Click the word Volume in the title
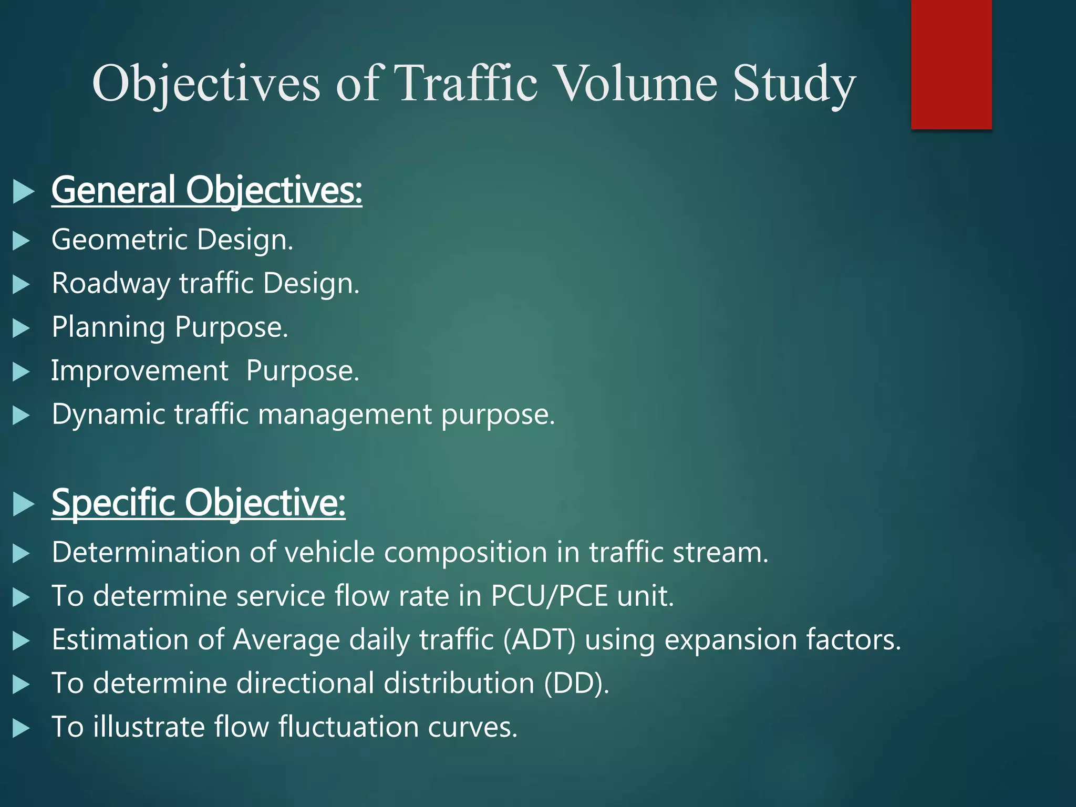[x=636, y=83]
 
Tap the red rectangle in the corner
[x=951, y=64]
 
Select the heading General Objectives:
[x=206, y=190]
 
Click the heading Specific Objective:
[x=198, y=503]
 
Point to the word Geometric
[x=120, y=240]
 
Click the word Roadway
[x=111, y=284]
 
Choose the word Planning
[x=108, y=327]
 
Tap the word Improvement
[x=140, y=371]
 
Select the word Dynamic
[x=108, y=415]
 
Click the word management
[x=345, y=415]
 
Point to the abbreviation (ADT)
[x=539, y=640]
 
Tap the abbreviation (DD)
[x=576, y=684]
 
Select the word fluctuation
[x=348, y=727]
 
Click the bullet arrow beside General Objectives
[x=23, y=191]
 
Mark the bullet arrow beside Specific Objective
[x=23, y=504]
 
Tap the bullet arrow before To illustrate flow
[x=21, y=728]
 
